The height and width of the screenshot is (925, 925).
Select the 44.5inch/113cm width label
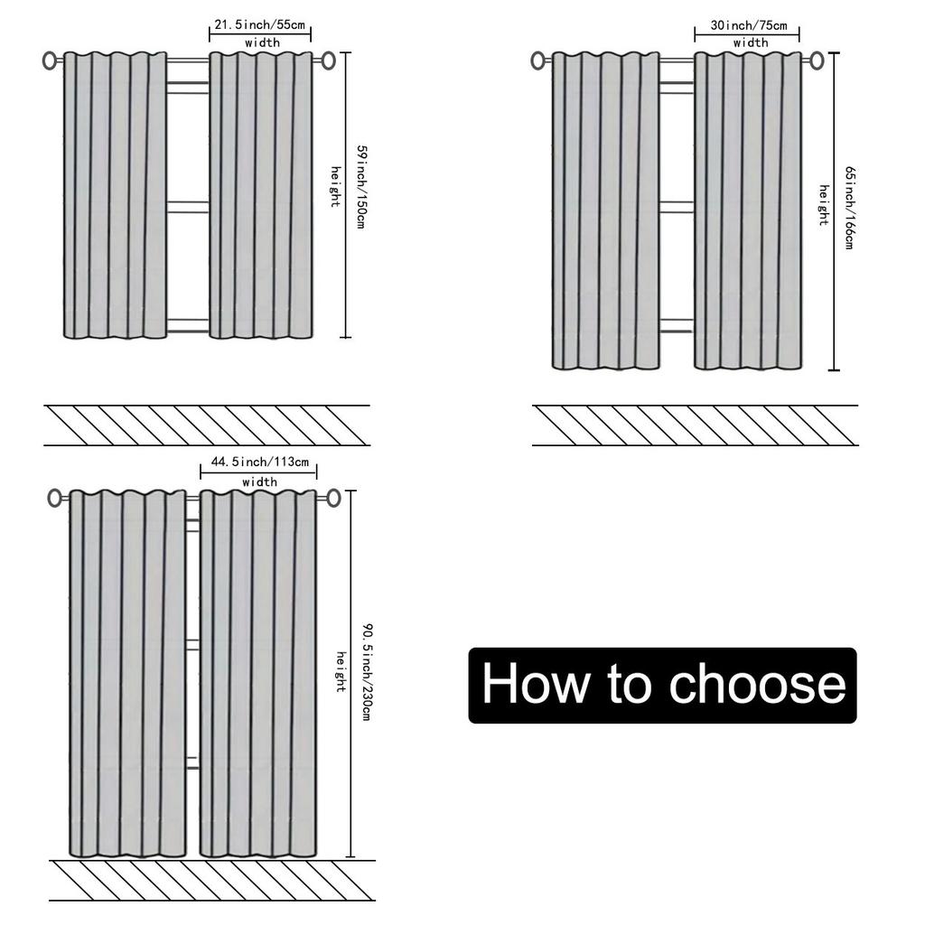tap(259, 462)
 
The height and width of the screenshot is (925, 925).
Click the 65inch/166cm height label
tap(849, 207)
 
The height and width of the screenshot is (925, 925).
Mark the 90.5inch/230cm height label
tap(366, 670)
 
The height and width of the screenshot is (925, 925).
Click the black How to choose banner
tap(662, 685)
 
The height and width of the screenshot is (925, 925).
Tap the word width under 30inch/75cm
tap(751, 43)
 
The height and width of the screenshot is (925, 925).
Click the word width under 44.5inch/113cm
tap(259, 482)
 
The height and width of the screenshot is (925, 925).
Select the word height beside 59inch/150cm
tap(335, 187)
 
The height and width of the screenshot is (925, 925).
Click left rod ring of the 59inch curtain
tap(50, 61)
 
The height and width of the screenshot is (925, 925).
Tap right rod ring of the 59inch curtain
tap(328, 61)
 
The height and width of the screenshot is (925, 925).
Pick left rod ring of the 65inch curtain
tap(538, 61)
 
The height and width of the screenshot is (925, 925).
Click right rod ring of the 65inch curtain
tap(817, 61)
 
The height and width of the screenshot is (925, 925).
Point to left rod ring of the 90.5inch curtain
tap(55, 498)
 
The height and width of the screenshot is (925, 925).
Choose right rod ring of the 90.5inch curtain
tap(333, 498)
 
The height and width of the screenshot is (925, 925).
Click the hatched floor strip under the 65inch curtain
tap(695, 425)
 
